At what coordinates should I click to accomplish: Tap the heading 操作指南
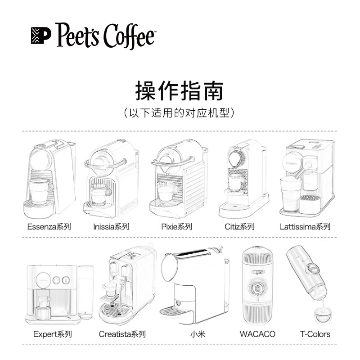coord(179,90)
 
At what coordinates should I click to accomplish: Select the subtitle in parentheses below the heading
coord(179,112)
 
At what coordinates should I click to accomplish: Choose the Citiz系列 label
coord(239,227)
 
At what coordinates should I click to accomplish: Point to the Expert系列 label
coord(53,334)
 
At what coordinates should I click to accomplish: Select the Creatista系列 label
coord(122,334)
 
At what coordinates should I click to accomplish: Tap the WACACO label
coord(257,334)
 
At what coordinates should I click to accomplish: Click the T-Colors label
coord(315,334)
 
